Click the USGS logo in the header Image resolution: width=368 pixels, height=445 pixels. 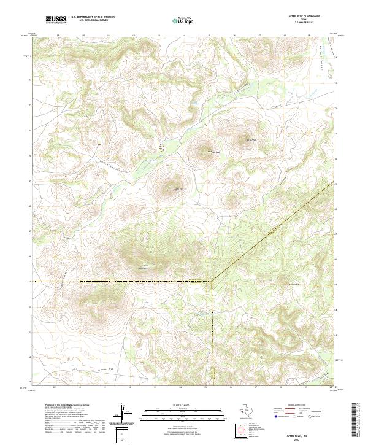[56, 20]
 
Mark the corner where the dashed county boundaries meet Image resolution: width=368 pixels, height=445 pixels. [211, 281]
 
